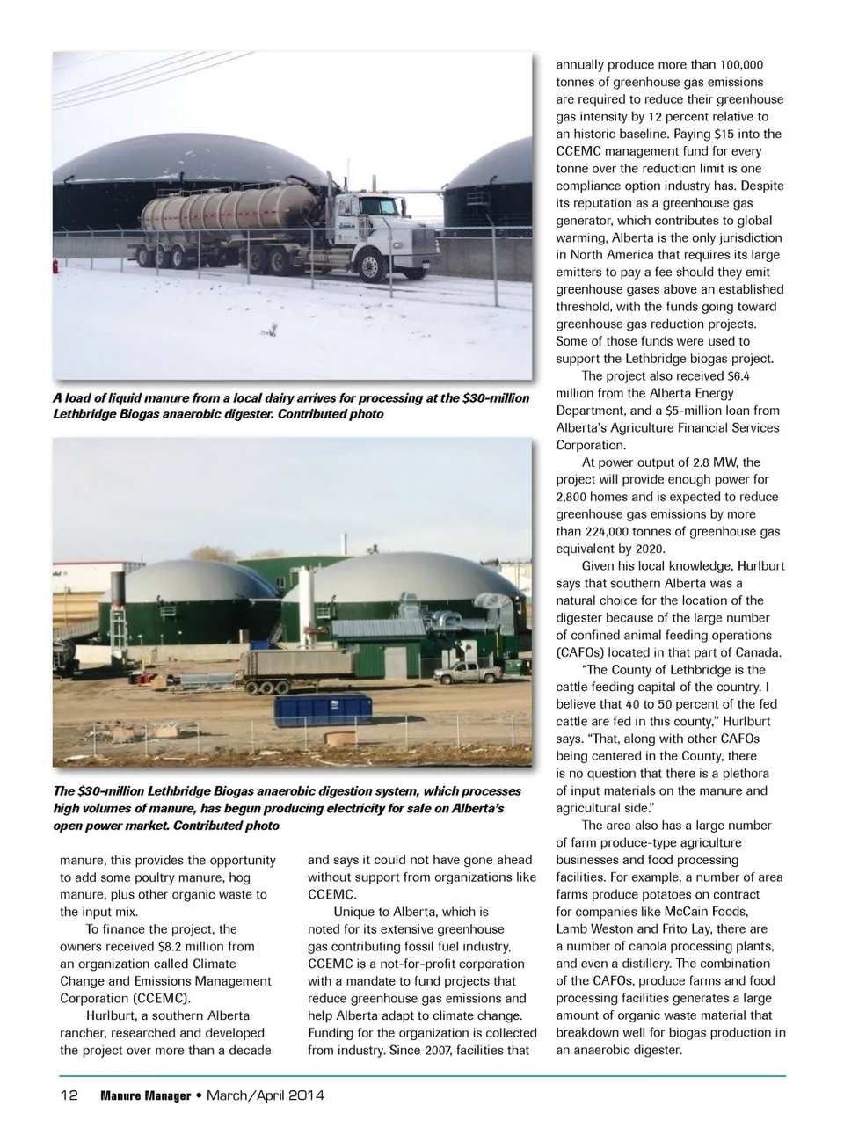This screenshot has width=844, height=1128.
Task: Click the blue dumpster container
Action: click(322, 708)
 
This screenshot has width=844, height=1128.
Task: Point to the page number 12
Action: click(69, 1095)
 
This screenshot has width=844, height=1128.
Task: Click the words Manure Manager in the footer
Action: click(146, 1095)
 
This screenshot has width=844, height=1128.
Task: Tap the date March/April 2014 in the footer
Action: click(265, 1095)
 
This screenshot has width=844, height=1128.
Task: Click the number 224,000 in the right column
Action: click(625, 531)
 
